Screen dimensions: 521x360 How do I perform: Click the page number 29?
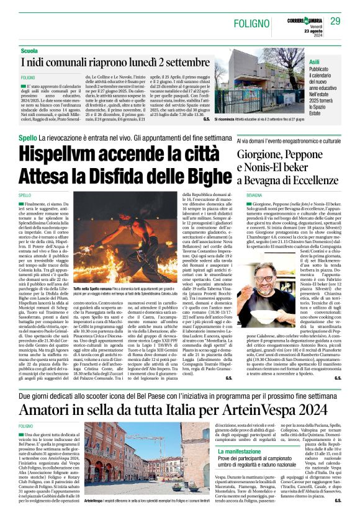tap(336, 22)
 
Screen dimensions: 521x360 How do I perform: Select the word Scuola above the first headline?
tap(29, 50)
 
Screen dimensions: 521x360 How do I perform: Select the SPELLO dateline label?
tap(25, 195)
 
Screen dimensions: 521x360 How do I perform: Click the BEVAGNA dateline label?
tap(254, 195)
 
